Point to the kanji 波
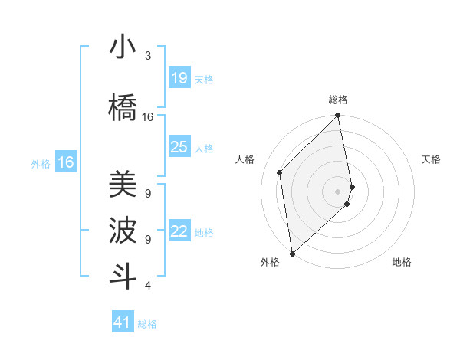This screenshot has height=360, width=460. click(x=123, y=230)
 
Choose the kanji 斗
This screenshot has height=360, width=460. click(x=123, y=275)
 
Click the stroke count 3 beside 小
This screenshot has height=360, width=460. click(x=148, y=56)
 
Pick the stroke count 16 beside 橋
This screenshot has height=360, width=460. click(x=148, y=117)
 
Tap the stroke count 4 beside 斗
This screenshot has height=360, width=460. click(x=148, y=286)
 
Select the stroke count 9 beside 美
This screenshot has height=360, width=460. click(x=148, y=193)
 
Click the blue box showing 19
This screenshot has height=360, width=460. click(x=179, y=77)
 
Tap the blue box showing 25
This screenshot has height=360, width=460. click(x=179, y=147)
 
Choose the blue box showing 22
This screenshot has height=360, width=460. click(x=179, y=231)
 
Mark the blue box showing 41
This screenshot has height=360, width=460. click(x=123, y=322)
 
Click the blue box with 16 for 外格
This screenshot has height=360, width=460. click(x=66, y=162)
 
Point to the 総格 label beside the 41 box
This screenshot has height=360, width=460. click(x=147, y=324)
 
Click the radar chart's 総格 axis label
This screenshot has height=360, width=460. click(x=338, y=100)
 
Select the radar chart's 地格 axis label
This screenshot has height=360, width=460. click(x=402, y=263)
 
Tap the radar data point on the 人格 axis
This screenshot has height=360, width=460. click(x=280, y=172)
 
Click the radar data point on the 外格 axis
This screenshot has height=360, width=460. click(x=291, y=253)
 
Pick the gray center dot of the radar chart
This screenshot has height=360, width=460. click(x=338, y=191)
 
